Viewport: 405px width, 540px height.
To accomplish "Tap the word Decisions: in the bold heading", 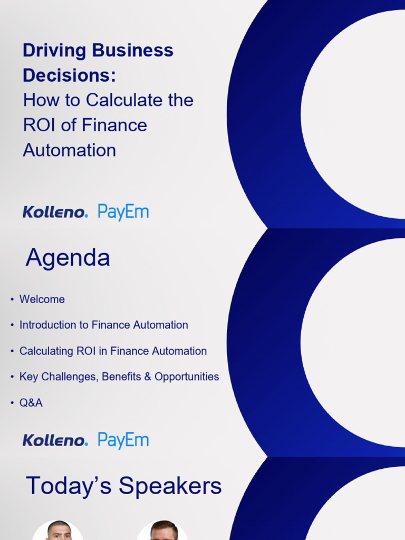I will click(69, 75).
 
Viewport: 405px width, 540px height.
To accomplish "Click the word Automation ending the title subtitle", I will click(69, 150).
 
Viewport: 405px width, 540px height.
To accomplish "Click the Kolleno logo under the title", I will click(55, 213).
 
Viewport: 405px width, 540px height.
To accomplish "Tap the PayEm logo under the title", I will click(123, 213).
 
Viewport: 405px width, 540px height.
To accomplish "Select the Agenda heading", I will click(68, 258).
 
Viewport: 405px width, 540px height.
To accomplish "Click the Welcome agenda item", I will click(42, 300).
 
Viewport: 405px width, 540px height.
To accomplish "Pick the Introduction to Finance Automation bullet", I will click(103, 325).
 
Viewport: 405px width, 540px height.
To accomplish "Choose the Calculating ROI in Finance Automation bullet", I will click(113, 351).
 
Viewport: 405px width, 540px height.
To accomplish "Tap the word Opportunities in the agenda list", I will click(187, 377).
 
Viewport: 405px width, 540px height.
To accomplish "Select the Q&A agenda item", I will click(31, 403).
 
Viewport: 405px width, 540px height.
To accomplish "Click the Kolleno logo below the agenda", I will click(55, 440).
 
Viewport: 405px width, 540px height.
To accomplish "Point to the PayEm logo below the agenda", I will click(123, 440).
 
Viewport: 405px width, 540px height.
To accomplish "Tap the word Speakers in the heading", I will click(170, 486).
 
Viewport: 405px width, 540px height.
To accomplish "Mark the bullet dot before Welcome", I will click(12, 300).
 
